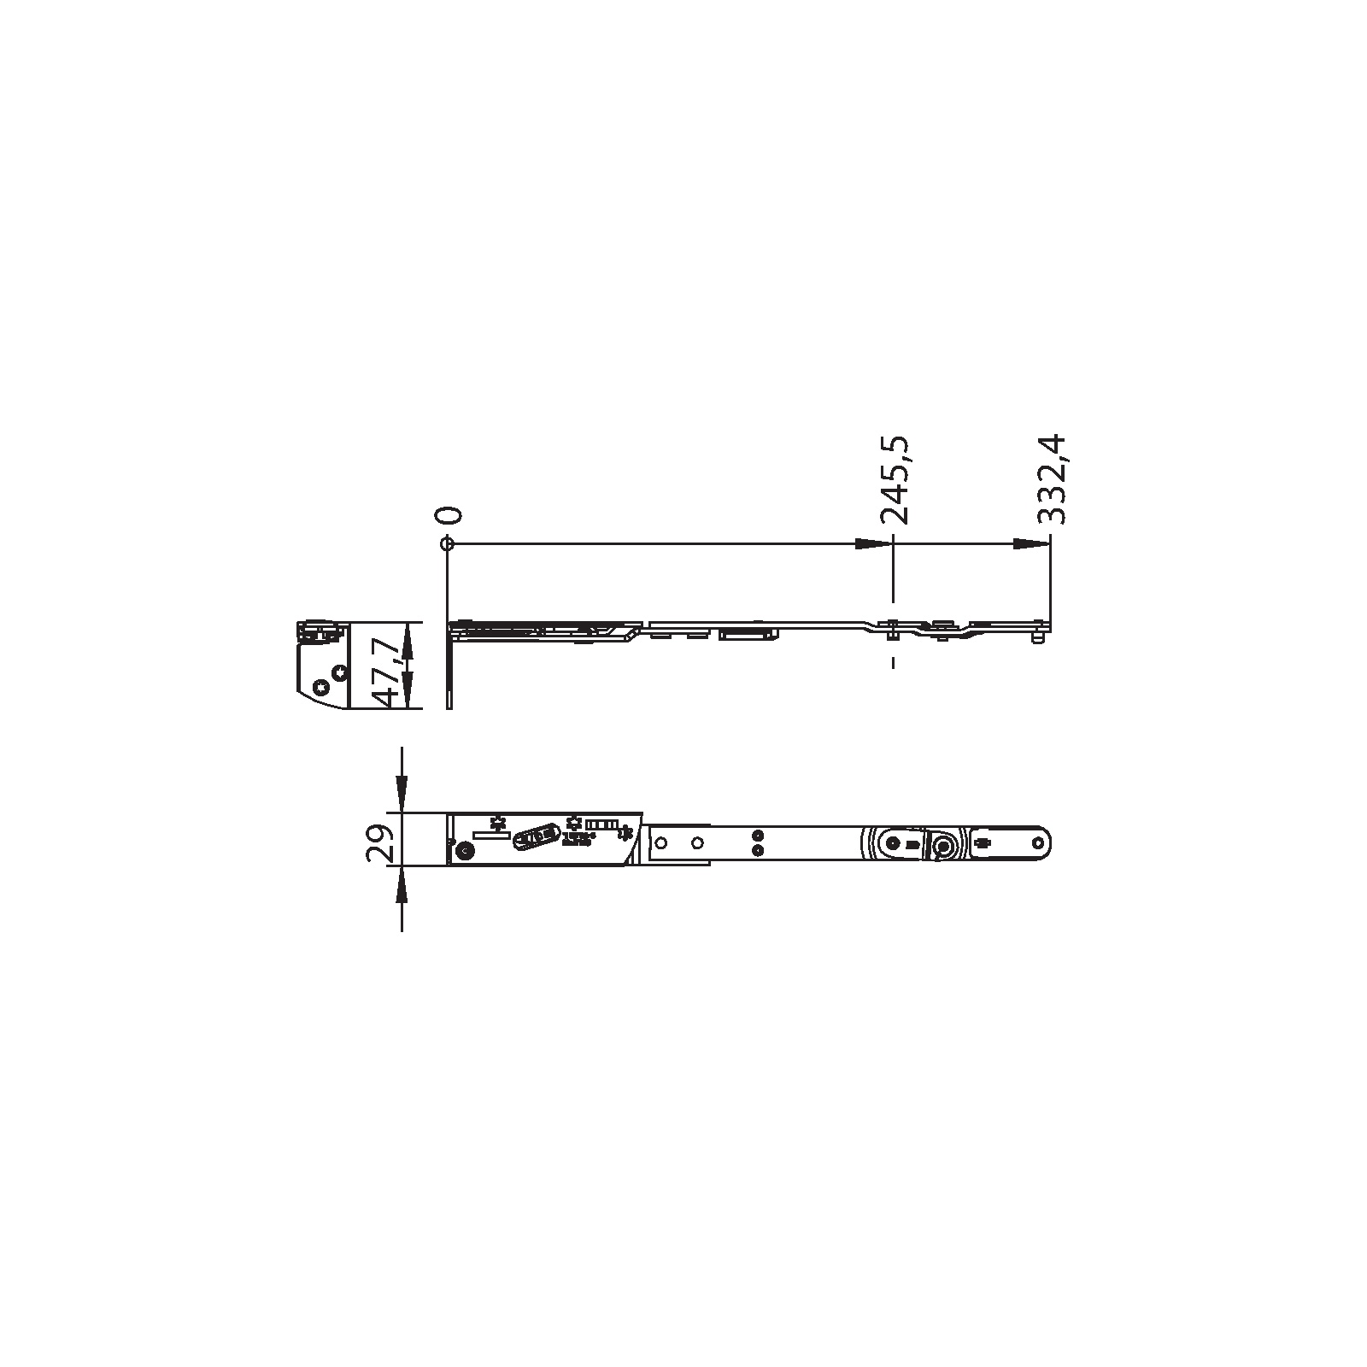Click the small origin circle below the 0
[446, 543]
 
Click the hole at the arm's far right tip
[1039, 842]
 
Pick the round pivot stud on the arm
[942, 845]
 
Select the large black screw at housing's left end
[466, 851]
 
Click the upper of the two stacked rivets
[756, 835]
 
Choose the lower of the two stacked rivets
[756, 851]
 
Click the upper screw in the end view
[339, 672]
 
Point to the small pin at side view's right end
[1037, 637]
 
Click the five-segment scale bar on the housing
[601, 824]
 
